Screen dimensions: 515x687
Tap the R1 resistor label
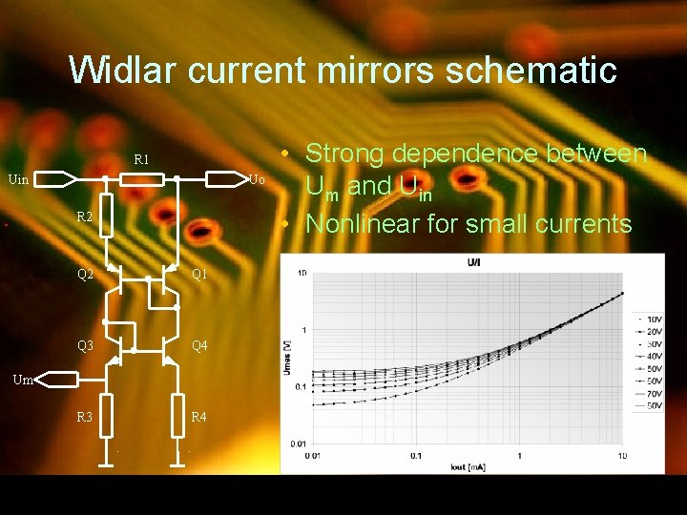pos(141,159)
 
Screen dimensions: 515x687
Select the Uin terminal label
pos(18,178)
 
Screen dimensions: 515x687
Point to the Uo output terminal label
pos(257,179)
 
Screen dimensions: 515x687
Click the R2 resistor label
pos(85,217)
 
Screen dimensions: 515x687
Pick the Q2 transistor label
pos(85,275)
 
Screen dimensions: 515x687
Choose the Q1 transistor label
pos(200,275)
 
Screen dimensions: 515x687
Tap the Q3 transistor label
pos(85,345)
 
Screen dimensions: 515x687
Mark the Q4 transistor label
pos(200,345)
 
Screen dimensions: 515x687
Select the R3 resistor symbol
pos(107,415)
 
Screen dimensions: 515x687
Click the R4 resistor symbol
pos(178,415)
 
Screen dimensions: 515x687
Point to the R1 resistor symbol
pos(142,178)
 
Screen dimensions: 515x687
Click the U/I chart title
pos(473,261)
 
